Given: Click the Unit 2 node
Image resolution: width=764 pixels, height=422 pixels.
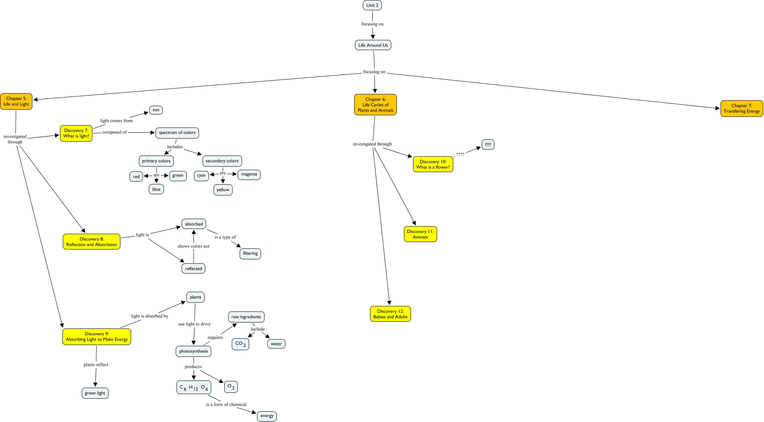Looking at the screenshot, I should (372, 5).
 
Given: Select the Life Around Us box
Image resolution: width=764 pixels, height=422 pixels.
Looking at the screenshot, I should (373, 45).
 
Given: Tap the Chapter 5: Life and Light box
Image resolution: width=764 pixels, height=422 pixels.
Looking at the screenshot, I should (16, 101).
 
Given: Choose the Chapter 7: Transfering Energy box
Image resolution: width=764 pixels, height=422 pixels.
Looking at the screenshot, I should (741, 109).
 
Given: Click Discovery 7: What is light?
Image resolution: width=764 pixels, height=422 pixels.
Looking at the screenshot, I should (76, 133).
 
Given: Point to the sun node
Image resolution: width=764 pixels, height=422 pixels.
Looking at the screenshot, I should (156, 110).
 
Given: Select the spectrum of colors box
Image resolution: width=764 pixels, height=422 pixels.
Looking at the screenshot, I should (177, 133).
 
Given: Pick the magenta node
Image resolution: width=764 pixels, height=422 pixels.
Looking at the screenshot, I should (249, 174).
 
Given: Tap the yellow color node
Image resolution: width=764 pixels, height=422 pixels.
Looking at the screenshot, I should (223, 190).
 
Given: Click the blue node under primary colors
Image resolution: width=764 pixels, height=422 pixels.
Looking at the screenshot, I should (156, 189).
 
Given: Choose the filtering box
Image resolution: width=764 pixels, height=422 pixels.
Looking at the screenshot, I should (250, 253).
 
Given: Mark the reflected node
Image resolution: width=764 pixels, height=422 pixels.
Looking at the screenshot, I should (193, 269).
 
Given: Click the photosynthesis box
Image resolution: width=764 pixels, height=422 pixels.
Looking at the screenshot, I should (193, 351).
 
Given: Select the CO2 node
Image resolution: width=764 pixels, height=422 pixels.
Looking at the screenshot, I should (240, 344).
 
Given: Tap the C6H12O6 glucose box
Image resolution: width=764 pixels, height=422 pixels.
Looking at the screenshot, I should (193, 388).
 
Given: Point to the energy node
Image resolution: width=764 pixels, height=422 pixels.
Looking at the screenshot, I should (267, 416).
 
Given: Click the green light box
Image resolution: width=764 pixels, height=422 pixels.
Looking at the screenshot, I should (95, 393).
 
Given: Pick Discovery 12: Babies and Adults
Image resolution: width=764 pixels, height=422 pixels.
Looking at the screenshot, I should (390, 314).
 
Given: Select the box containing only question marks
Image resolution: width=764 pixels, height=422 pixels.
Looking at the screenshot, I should (488, 144).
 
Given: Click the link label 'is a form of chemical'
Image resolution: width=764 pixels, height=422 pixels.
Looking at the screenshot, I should (226, 405).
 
